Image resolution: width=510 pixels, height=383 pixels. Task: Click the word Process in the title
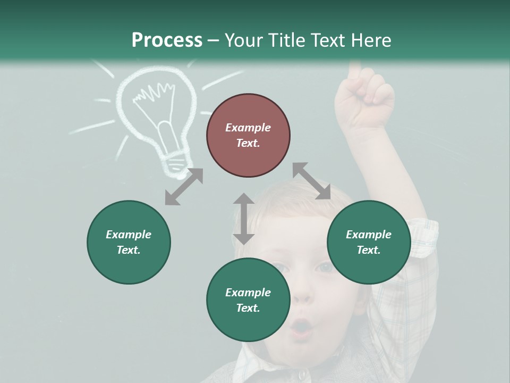coord(167,40)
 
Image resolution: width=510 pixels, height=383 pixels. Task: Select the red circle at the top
coord(248,136)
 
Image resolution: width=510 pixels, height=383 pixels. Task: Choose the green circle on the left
coord(129,242)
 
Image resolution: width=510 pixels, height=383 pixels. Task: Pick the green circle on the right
coord(369,242)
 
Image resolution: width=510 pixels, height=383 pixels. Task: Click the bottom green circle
coord(248,300)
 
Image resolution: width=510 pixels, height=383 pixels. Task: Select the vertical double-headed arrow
coord(244,219)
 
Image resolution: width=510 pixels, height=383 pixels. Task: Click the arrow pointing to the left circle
coord(184,187)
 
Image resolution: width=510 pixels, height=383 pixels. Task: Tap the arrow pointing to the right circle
coord(312,181)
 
